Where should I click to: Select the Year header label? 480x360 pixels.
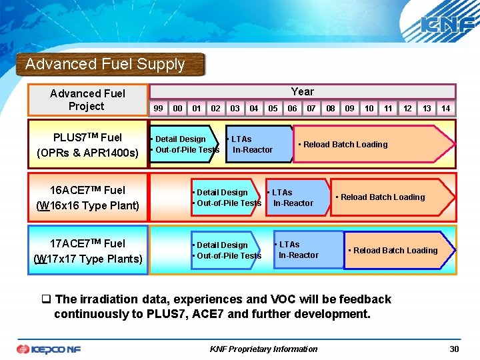302,91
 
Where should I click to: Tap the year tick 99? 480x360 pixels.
158,109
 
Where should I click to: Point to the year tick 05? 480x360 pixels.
273,109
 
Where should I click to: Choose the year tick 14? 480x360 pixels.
445,109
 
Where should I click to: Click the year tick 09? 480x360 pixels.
349,109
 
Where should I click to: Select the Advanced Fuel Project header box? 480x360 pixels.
87,99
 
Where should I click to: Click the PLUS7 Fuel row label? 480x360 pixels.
87,145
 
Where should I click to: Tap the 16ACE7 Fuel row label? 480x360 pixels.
87,198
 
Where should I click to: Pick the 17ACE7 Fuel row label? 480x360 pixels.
87,251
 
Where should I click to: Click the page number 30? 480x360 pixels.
454,349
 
